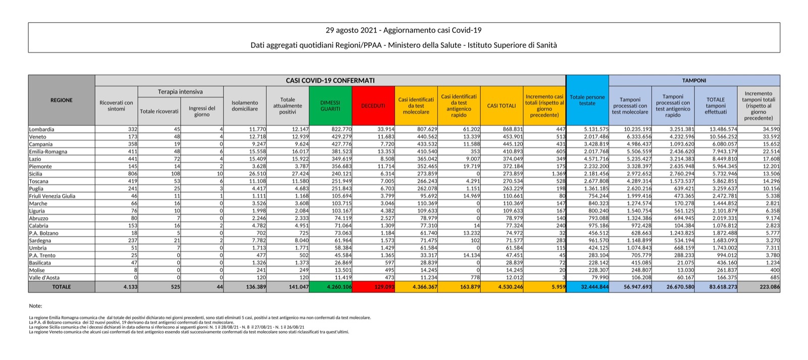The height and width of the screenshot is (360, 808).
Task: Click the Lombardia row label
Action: click(41, 129)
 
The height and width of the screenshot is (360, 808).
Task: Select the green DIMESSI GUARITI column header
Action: click(330, 106)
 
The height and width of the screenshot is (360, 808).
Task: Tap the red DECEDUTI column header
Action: click(373, 106)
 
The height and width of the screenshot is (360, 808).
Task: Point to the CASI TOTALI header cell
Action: click(501, 106)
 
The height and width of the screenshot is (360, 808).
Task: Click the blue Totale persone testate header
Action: click(587, 100)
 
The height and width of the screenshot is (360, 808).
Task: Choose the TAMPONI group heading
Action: click(694, 80)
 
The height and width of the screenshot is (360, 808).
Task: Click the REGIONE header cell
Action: click(61, 100)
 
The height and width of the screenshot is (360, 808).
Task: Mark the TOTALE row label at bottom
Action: click(61, 287)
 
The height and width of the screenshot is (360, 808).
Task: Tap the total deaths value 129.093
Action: click(383, 287)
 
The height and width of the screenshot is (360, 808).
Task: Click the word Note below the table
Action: click(35, 306)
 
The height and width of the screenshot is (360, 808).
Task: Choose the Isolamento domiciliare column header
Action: click(245, 106)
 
